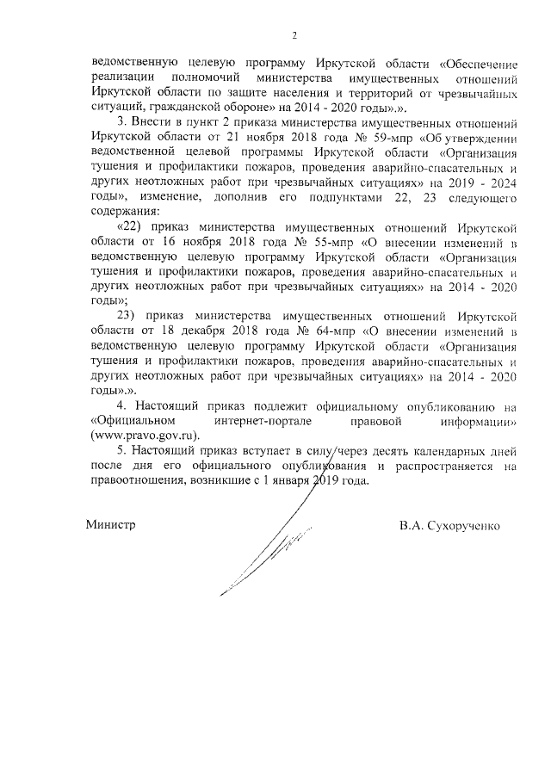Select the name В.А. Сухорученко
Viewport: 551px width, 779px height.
[x=449, y=524]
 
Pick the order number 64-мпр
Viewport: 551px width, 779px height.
[x=337, y=331]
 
